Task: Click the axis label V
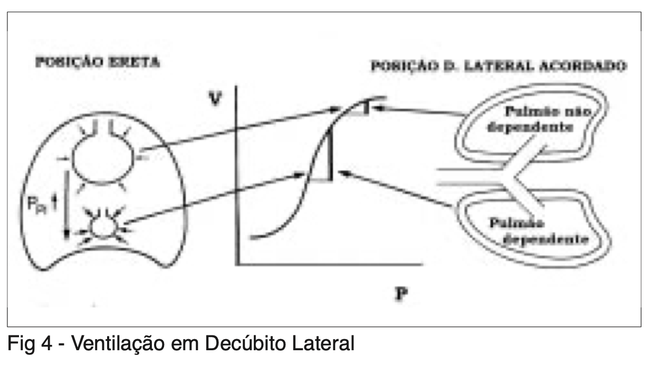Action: [x=214, y=99]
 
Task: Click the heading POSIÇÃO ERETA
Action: [x=97, y=62]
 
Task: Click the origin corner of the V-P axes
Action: [x=239, y=263]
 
